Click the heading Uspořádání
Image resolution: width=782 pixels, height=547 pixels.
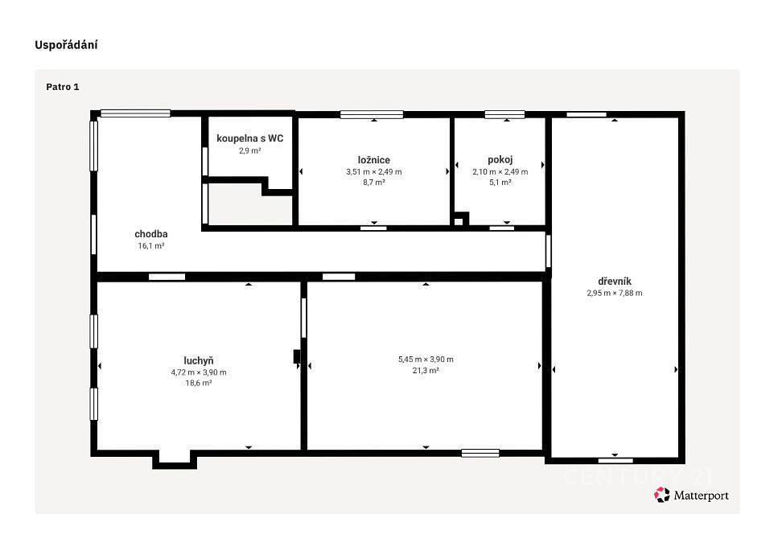[x=66, y=45]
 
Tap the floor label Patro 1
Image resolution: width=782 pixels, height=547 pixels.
[x=62, y=87]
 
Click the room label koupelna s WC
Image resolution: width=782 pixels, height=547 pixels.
[x=250, y=138]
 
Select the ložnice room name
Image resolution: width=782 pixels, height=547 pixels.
[x=374, y=160]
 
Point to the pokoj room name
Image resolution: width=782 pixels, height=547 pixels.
[x=500, y=159]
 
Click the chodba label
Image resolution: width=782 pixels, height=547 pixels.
[x=151, y=234]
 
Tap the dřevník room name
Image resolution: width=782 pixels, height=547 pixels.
[x=615, y=282]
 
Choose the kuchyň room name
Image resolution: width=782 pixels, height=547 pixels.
[x=199, y=360]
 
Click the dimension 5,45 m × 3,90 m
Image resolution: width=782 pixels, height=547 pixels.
[x=426, y=359]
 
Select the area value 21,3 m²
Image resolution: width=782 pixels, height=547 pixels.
[x=426, y=371]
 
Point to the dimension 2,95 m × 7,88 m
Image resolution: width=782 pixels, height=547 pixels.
[x=615, y=293]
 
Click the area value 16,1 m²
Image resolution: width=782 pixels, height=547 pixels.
[x=151, y=246]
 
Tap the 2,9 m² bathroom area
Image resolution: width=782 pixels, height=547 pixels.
[x=250, y=150]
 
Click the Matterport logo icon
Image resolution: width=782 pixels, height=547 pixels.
[x=662, y=495]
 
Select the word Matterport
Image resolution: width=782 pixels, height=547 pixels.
[x=702, y=496]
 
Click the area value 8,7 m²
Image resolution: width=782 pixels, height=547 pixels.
[x=374, y=183]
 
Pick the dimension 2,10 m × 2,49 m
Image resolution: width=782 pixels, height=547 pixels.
[x=500, y=171]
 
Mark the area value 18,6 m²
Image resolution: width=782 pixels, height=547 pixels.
[x=199, y=383]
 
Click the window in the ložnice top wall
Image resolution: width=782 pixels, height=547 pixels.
[x=372, y=115]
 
